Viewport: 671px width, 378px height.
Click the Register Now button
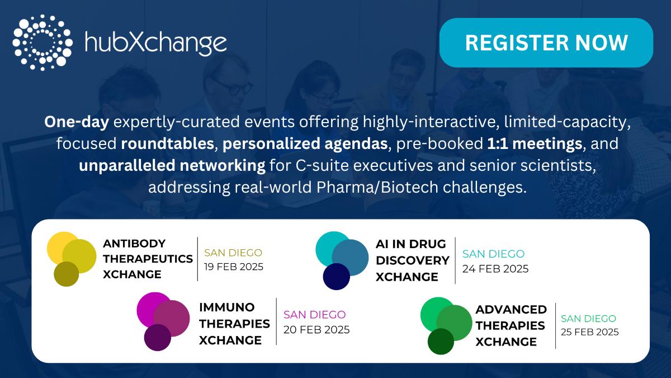click(546, 43)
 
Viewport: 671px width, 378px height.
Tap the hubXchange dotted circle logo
click(42, 43)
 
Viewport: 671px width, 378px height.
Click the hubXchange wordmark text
click(156, 43)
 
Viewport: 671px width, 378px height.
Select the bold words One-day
click(77, 122)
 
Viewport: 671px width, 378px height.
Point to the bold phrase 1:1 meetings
click(535, 143)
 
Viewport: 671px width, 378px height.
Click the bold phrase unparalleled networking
click(172, 165)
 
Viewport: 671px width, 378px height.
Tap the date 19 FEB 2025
click(234, 267)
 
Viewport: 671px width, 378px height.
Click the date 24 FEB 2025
click(495, 269)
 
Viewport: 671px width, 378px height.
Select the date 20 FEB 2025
click(316, 330)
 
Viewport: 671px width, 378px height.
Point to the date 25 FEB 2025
click(590, 332)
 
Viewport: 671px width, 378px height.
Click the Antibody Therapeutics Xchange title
click(148, 259)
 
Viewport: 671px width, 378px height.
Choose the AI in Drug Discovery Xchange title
click(413, 260)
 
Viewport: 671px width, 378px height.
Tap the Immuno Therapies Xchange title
click(234, 324)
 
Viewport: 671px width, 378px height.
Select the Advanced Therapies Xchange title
click(511, 326)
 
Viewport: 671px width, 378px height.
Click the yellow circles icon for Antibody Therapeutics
click(72, 259)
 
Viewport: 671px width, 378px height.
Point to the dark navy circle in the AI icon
click(337, 277)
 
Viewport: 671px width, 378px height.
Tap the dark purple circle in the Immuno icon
click(158, 338)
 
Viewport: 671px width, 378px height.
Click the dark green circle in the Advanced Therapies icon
click(441, 342)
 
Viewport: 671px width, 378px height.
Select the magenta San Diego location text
click(314, 315)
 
